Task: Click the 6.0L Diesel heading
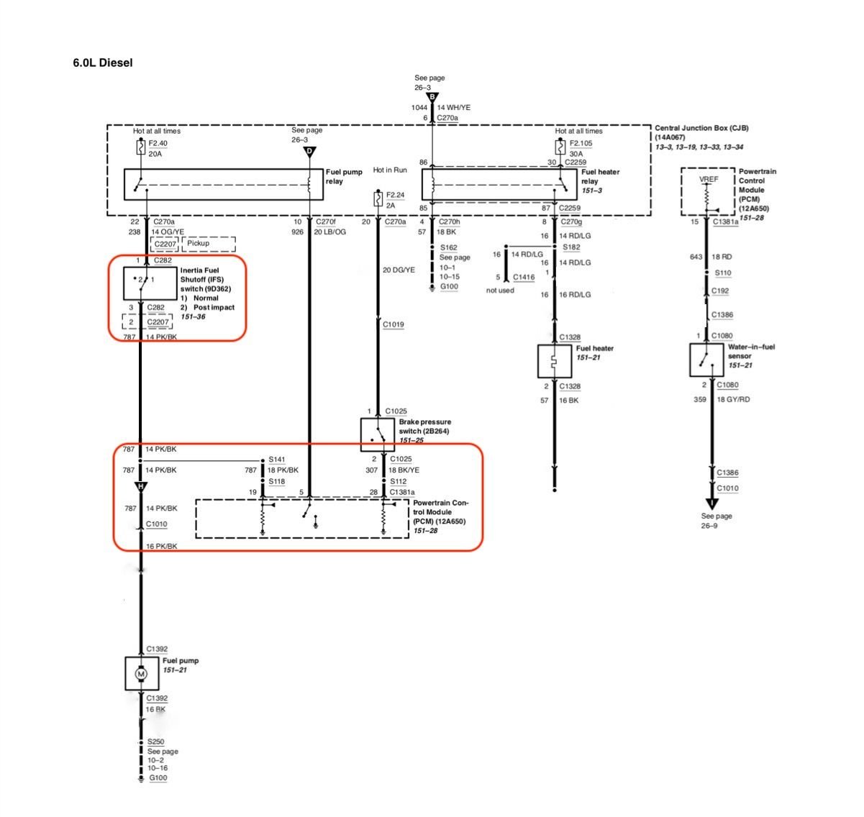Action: coord(102,63)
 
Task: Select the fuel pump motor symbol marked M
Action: coord(141,674)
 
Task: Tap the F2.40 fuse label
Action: coord(158,143)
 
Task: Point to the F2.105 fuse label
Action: coord(581,143)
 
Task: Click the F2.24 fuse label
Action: coord(396,195)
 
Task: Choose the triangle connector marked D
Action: coord(309,152)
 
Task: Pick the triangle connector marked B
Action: coord(432,97)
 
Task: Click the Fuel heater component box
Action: coord(554,361)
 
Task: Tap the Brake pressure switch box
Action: coord(378,434)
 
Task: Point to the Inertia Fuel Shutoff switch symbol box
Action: coord(147,283)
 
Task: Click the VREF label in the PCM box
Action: coord(708,179)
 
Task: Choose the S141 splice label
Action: coord(277,460)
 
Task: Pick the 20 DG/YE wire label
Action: coord(399,270)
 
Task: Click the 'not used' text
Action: coord(500,291)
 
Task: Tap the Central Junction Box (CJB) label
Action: coord(701,128)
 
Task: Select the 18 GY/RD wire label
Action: coord(733,399)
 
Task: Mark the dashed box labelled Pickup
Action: coord(209,244)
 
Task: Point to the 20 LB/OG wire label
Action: coord(329,232)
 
